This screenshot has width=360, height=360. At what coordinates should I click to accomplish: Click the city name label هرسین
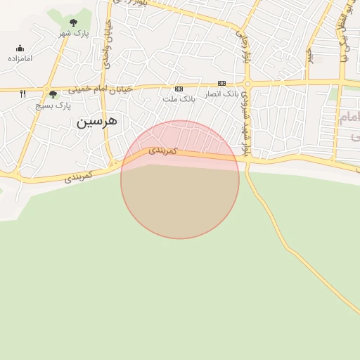pos(97,122)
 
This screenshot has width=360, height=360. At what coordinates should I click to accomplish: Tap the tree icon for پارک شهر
pos(73,22)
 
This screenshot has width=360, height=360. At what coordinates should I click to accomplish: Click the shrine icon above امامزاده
pos(20,49)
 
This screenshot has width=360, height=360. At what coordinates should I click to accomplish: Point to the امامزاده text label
pos(20,58)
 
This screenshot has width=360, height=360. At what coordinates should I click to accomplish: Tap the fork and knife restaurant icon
pos(23,93)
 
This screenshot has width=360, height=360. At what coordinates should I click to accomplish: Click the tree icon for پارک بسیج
pos(53,95)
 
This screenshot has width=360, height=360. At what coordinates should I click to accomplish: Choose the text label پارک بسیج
pos(54,105)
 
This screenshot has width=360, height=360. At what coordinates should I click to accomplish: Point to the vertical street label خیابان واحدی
pos(108,44)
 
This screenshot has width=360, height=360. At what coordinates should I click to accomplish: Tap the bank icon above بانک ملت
pos(179,89)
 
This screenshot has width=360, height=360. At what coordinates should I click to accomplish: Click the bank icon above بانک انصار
pos(221,83)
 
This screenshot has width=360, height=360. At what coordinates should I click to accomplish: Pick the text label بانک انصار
pos(221,94)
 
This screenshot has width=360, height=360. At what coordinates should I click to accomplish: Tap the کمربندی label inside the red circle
pos(162,150)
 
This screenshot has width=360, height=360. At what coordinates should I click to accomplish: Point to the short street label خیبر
pos(310,53)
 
